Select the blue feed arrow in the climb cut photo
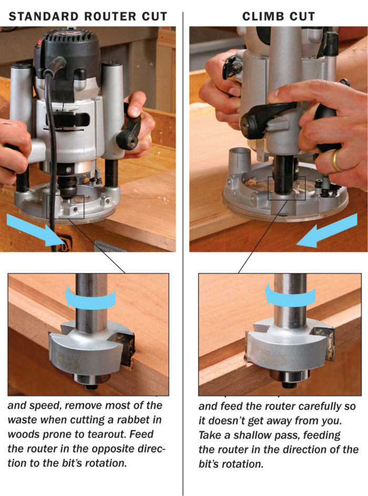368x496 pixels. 327,231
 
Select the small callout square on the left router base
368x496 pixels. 65,207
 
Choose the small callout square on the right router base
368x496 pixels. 287,188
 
